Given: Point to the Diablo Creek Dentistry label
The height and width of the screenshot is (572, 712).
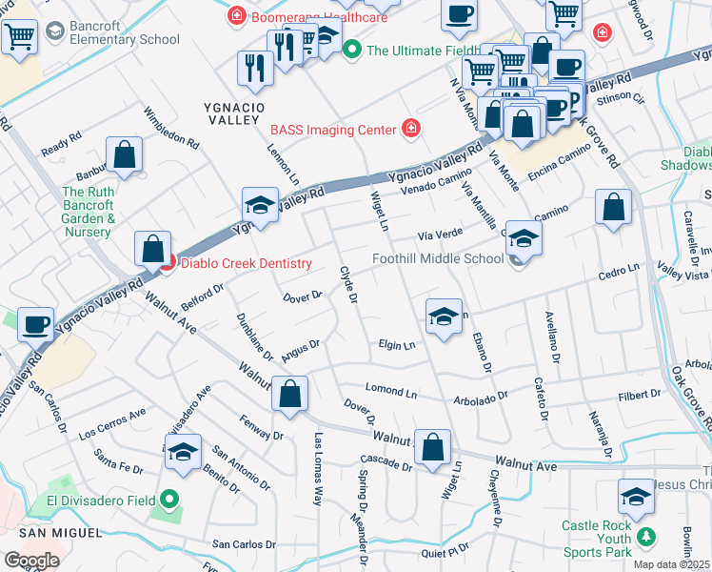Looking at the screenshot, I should click(x=246, y=264).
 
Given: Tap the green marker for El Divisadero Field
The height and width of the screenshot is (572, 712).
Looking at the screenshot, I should click(x=169, y=498).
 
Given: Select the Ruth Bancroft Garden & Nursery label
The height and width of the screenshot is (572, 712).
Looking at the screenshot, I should click(x=89, y=212).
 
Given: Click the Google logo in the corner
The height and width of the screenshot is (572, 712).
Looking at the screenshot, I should click(x=31, y=560).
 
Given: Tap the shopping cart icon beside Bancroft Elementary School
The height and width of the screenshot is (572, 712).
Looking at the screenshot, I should click(x=19, y=39).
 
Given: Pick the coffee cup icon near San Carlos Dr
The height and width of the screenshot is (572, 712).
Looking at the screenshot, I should click(x=36, y=325).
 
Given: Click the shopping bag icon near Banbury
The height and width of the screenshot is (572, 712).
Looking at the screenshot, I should click(x=124, y=155).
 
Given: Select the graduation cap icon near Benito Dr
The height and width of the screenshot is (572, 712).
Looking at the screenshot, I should click(x=184, y=453).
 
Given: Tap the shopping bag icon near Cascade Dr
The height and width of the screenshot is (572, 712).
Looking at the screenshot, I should click(x=432, y=448).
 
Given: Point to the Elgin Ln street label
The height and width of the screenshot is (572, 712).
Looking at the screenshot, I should click(x=397, y=345).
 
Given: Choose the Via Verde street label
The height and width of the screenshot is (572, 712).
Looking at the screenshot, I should click(x=441, y=235).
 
